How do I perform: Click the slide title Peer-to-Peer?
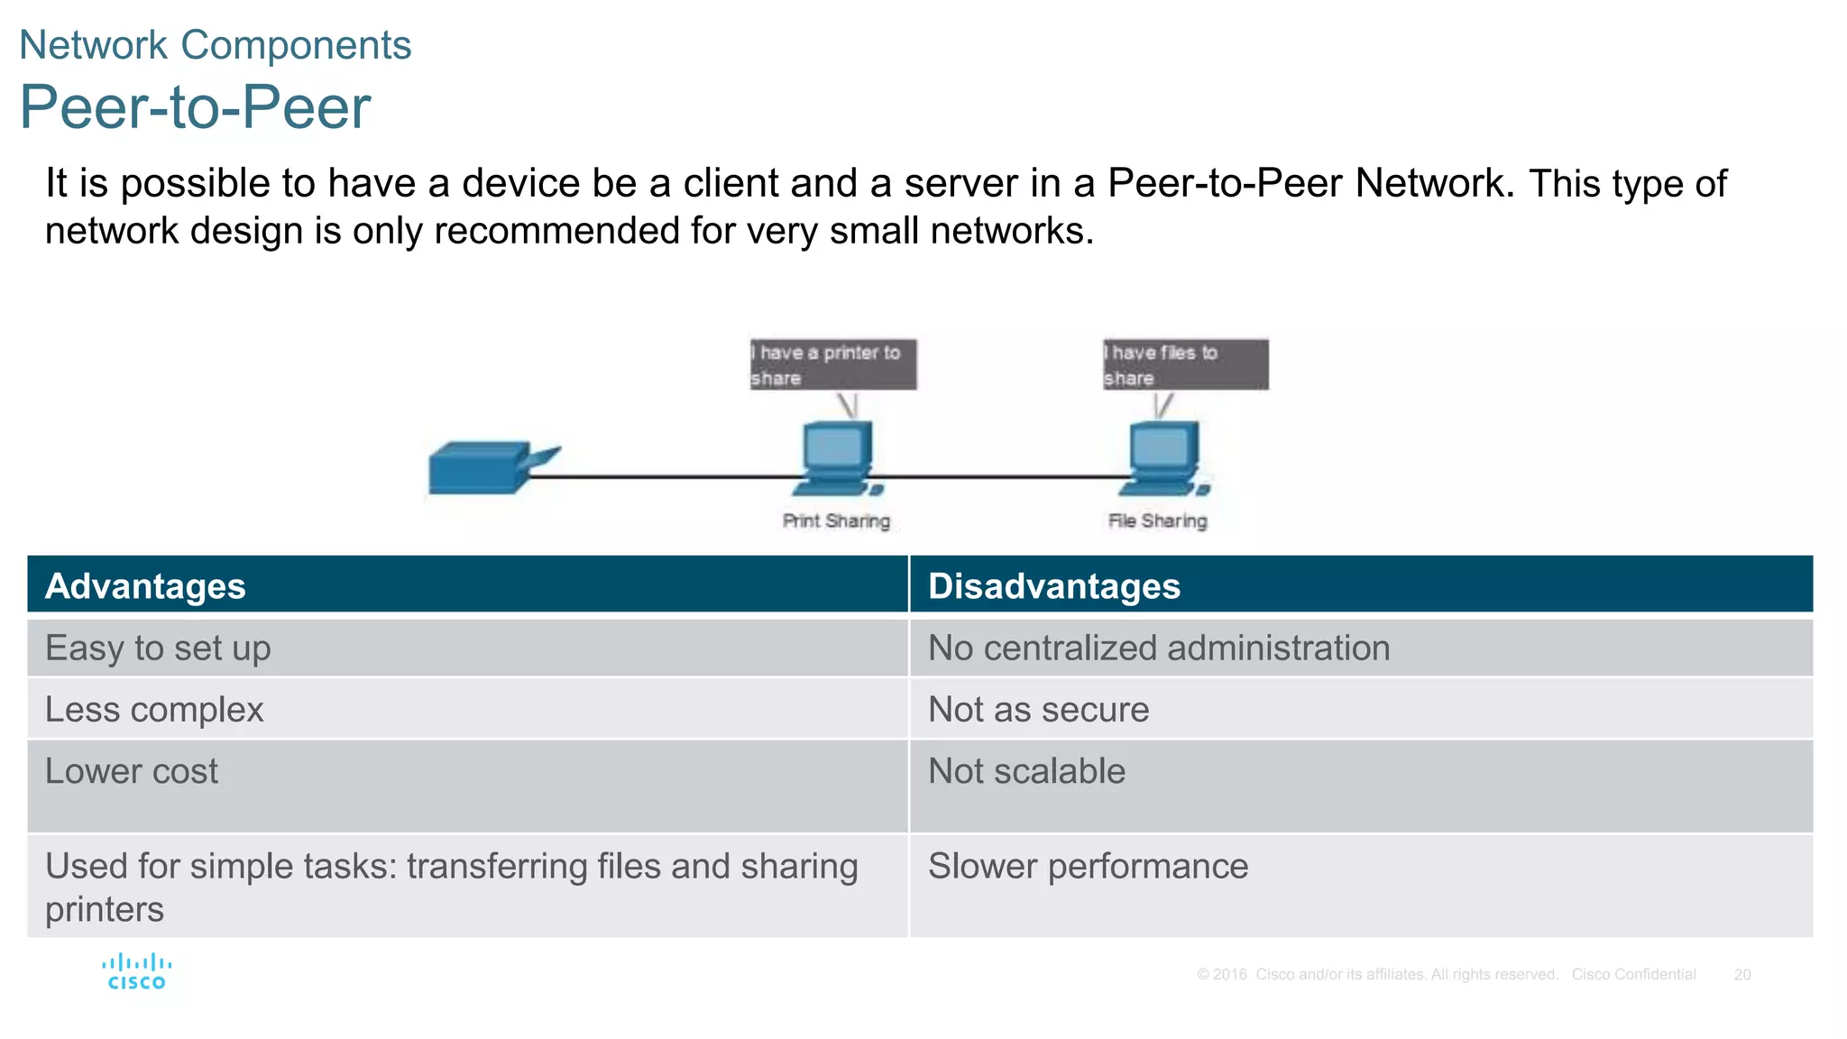tap(195, 107)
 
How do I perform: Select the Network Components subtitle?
tap(215, 45)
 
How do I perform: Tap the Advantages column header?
tap(145, 586)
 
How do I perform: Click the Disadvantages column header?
tap(1053, 586)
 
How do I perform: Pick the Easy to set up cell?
tap(158, 648)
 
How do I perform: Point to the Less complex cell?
tap(154, 710)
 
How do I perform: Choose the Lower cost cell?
tap(132, 772)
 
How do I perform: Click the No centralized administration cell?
tap(1158, 648)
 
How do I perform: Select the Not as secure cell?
tap(1038, 710)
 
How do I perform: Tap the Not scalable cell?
tap(1026, 772)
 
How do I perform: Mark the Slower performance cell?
tap(1088, 867)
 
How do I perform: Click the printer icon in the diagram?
tap(487, 467)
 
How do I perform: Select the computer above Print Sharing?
tap(837, 459)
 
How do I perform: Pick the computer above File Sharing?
tap(1163, 459)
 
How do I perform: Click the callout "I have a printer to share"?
tap(832, 364)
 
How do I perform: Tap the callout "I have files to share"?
tap(1185, 364)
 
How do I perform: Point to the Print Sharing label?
tap(836, 521)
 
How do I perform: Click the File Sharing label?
tap(1157, 521)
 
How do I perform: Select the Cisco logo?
tap(136, 972)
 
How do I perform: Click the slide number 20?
tap(1741, 975)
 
